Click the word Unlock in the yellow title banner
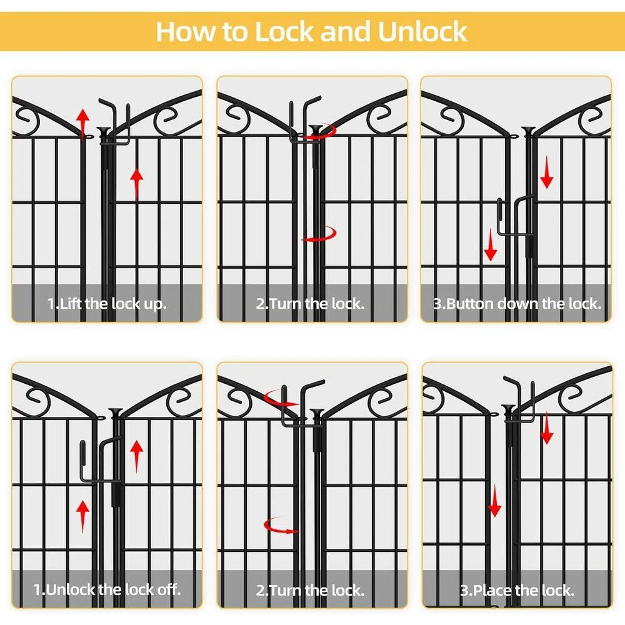[422, 31]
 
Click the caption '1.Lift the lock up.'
[107, 304]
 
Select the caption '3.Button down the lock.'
[517, 304]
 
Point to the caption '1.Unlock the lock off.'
[107, 589]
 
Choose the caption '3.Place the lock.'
[517, 590]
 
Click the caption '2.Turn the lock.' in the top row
[310, 304]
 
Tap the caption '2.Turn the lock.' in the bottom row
[310, 590]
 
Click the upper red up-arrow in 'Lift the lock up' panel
[83, 124]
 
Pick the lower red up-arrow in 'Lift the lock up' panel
[137, 183]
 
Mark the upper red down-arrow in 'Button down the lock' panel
[546, 172]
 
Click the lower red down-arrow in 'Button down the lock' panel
[490, 245]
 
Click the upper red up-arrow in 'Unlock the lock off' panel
[137, 456]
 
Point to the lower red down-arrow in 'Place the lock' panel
[494, 501]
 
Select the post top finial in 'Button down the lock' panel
[529, 131]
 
